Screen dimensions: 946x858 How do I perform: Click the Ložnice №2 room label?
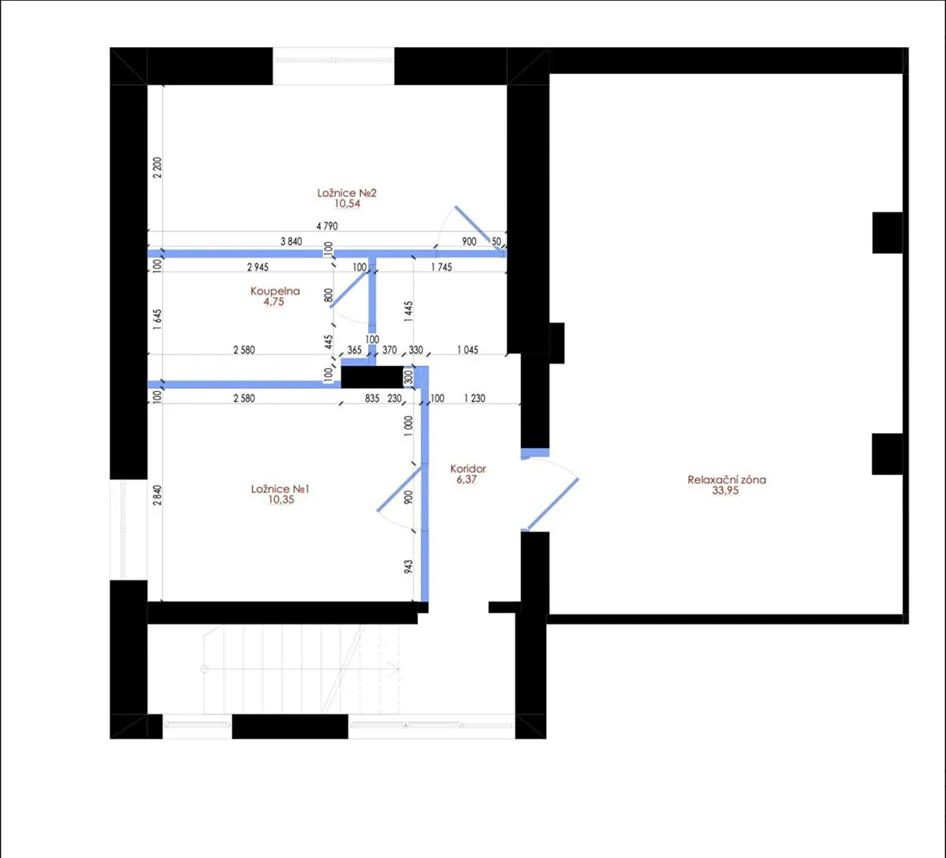tap(347, 193)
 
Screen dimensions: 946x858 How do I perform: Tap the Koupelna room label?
tap(275, 291)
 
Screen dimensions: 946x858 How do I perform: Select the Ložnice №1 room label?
tap(280, 489)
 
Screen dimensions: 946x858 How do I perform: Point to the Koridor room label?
tap(467, 468)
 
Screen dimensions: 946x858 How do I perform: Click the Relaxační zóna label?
tap(727, 480)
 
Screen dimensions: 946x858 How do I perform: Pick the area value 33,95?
tap(725, 491)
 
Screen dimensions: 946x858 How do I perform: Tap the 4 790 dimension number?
tap(327, 226)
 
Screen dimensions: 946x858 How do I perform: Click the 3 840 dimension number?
tap(291, 241)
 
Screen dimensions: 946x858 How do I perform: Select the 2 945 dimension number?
tap(258, 267)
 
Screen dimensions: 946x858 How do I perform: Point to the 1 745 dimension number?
tap(441, 267)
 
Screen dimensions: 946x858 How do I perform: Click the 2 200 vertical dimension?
tap(158, 167)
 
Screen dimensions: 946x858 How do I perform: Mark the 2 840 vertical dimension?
tap(158, 495)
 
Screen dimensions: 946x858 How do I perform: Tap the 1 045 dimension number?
tap(467, 350)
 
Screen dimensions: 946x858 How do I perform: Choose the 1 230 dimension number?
tap(475, 398)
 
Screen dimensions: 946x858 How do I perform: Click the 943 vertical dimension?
tap(408, 567)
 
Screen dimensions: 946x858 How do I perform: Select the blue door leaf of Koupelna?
tap(348, 290)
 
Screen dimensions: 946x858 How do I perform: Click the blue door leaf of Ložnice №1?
tap(401, 488)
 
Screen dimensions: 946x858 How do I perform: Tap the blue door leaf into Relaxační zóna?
tap(552, 505)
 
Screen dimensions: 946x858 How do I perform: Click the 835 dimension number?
tap(371, 398)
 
